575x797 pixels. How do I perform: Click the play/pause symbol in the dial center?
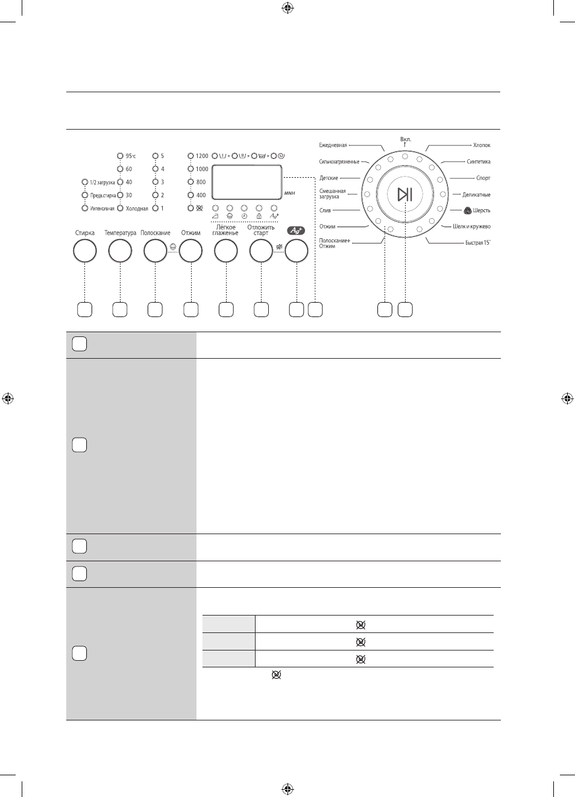pos(405,195)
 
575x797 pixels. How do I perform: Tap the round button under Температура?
pos(120,251)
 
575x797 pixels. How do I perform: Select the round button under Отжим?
pos(190,251)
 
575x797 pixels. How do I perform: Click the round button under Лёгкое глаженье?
pos(226,251)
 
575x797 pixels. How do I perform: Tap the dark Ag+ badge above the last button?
pos(296,230)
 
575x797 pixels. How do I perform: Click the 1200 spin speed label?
pos(202,156)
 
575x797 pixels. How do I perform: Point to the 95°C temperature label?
pos(131,156)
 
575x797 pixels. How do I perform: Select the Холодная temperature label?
pos(137,209)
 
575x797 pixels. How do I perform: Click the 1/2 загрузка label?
pos(102,182)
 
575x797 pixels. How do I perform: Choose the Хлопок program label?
pos(482,145)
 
